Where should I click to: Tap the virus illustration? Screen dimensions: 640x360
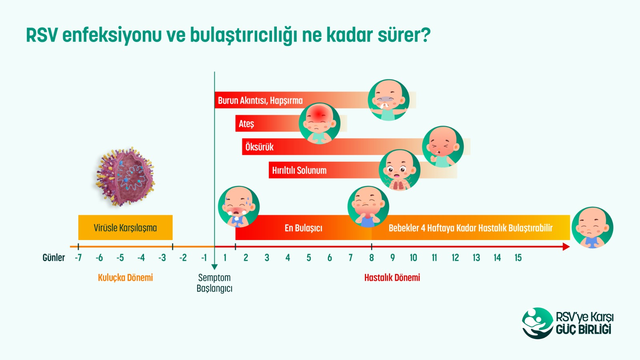coord(125,176)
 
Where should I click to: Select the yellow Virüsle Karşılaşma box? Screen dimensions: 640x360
coord(126,228)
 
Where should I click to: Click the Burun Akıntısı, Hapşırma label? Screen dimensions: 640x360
coord(260,100)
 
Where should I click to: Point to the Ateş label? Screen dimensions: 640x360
coord(246,124)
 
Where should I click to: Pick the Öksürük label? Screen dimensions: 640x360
coord(260,147)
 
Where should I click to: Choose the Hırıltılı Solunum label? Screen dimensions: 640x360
coord(299,170)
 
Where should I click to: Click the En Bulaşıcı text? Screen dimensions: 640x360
coord(304,228)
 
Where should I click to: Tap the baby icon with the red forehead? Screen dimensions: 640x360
coord(320,124)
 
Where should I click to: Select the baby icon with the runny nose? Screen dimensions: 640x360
coord(388,100)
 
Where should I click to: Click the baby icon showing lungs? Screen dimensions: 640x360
coord(400,170)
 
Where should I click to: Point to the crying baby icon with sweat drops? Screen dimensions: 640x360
coord(239,207)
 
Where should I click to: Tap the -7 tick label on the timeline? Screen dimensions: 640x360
coord(78,258)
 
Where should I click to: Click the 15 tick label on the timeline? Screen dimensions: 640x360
coord(518,258)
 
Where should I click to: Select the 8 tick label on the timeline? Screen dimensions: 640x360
coord(372,258)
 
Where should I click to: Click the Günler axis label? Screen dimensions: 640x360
coord(54,258)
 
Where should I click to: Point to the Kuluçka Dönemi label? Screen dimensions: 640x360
coord(126,278)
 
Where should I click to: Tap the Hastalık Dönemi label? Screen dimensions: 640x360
coord(392,278)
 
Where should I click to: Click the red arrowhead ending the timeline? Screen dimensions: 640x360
coord(566,246)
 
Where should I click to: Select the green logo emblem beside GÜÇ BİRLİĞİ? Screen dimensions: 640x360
coord(538,323)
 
